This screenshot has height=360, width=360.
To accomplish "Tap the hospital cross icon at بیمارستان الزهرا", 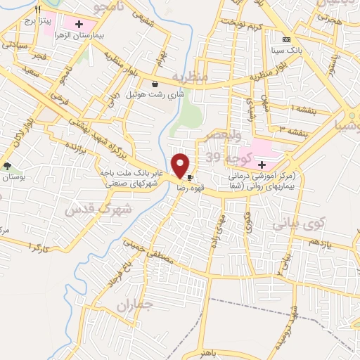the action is pyautogui.click(x=88, y=25).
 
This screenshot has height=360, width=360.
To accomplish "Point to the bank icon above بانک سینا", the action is pyautogui.click(x=285, y=39).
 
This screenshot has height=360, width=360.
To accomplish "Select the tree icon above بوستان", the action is pyautogui.click(x=8, y=166).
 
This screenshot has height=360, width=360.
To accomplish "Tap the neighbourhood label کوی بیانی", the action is pyautogui.click(x=297, y=225).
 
